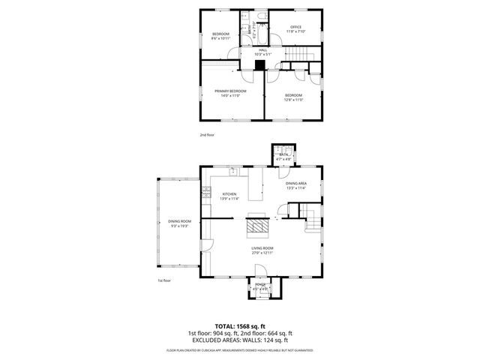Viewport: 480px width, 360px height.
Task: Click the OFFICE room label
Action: [295, 28]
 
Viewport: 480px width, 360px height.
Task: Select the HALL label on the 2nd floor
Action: [262, 50]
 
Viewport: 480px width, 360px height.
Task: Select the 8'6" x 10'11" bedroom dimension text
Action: [220, 38]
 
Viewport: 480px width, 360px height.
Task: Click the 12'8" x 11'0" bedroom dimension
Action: [293, 99]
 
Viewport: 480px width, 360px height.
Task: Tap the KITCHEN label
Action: [229, 194]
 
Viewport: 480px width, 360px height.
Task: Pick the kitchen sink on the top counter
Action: [233, 172]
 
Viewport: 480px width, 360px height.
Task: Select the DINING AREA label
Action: [295, 184]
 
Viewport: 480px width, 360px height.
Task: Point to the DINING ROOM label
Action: [179, 220]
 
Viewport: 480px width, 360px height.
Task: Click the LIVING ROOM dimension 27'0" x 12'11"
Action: [262, 253]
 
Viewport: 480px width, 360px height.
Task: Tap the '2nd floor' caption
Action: [207, 135]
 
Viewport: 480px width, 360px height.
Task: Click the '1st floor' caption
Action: [164, 280]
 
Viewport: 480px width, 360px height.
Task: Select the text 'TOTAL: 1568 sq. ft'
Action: [239, 325]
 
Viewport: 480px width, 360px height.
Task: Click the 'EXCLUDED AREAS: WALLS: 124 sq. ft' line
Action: [239, 340]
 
